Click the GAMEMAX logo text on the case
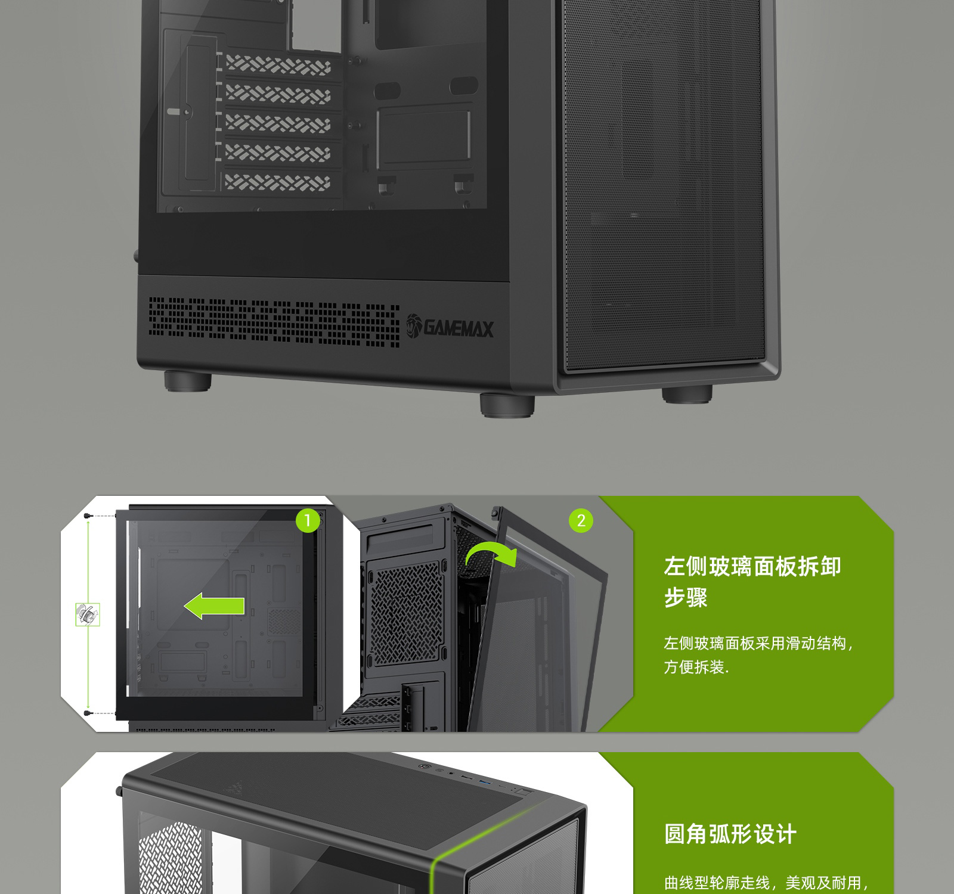coord(450,327)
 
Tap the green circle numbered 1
coord(308,521)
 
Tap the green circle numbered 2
coord(581,521)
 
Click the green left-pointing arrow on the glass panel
coord(214,607)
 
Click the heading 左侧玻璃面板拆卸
coord(752,566)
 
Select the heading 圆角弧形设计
coord(730,834)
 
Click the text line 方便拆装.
coord(696,667)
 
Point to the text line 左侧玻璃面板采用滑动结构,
coord(759,644)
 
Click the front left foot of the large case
coord(507,403)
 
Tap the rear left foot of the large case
coord(188,381)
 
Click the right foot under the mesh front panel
coord(687,393)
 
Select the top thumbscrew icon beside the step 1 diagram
coord(88,516)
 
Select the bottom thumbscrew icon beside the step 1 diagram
coord(88,713)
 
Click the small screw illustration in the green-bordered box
coord(88,614)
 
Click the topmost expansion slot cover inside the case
coord(278,64)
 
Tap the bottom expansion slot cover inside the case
coord(278,182)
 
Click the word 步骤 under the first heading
coord(686,597)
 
